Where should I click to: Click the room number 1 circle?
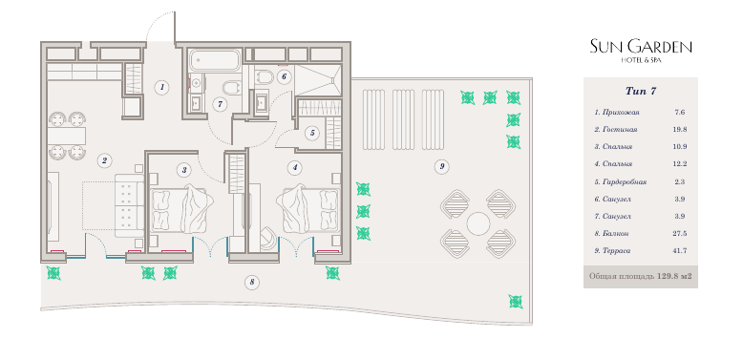pos(162,87)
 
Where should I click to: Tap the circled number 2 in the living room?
pos(104,160)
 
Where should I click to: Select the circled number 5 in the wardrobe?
pos(312,133)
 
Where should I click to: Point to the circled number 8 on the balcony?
pos(252,283)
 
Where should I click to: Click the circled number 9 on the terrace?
pos(441,166)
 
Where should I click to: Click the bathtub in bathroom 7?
pos(215,60)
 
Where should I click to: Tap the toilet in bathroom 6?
pos(263,76)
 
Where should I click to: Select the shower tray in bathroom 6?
pos(318,80)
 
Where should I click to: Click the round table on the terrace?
pos(478,223)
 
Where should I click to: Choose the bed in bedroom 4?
pos(309,209)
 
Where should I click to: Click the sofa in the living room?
pos(129,204)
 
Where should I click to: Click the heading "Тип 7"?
pos(641,92)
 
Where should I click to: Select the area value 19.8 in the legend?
pos(681,129)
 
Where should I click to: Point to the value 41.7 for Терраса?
pos(681,250)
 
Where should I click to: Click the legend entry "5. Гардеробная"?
pos(621,181)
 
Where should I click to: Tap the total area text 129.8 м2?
pos(674,276)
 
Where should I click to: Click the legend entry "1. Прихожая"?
pos(617,113)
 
